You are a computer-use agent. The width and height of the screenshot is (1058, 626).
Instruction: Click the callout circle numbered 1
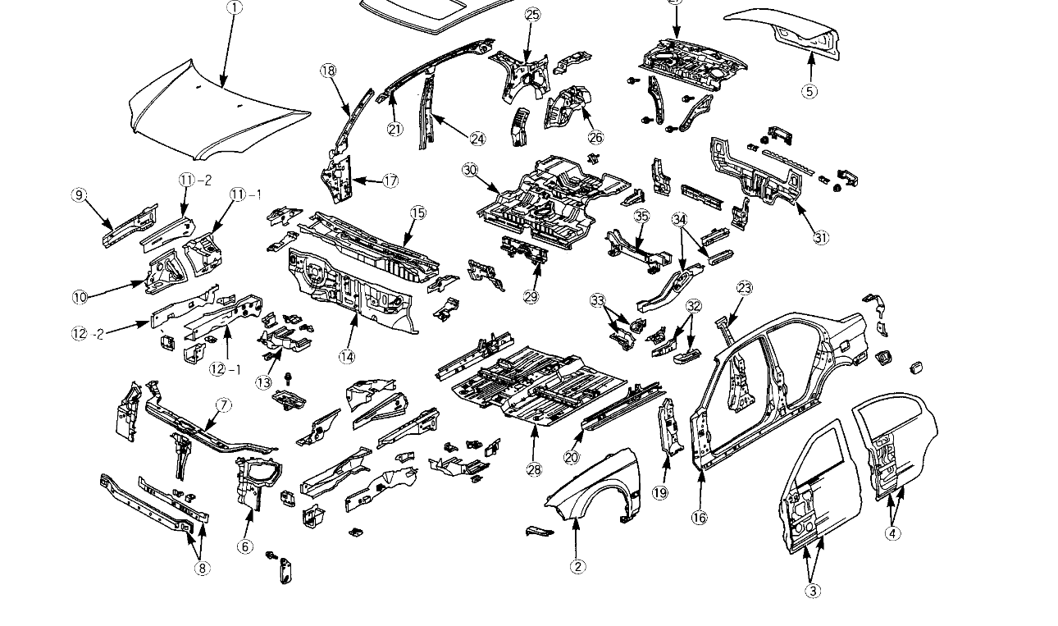pyautogui.click(x=234, y=8)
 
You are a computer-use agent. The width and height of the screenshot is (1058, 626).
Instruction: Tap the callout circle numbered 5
pyautogui.click(x=809, y=91)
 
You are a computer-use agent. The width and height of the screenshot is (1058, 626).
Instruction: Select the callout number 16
pyautogui.click(x=699, y=518)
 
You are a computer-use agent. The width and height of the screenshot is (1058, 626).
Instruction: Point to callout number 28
pyautogui.click(x=535, y=468)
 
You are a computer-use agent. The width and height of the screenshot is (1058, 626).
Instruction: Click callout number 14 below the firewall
pyautogui.click(x=347, y=357)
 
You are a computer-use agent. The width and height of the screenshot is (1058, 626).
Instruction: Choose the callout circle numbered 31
pyautogui.click(x=821, y=238)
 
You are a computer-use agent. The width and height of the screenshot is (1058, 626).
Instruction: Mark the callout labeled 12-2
pyautogui.click(x=84, y=334)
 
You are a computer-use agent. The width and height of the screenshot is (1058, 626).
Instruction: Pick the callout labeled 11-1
pyautogui.click(x=244, y=194)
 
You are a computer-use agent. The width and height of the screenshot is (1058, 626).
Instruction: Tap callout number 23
pyautogui.click(x=745, y=288)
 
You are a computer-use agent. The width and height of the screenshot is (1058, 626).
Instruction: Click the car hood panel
pyautogui.click(x=217, y=111)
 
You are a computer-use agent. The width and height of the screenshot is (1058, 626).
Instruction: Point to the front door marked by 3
pyautogui.click(x=820, y=484)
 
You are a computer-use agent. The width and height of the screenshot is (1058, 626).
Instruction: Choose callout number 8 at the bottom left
pyautogui.click(x=203, y=567)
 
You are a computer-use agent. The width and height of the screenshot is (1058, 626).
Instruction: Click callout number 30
pyautogui.click(x=469, y=171)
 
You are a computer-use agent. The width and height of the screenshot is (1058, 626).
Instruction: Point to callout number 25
pyautogui.click(x=532, y=15)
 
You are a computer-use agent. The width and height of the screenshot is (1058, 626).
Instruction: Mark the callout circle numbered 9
pyautogui.click(x=79, y=194)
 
